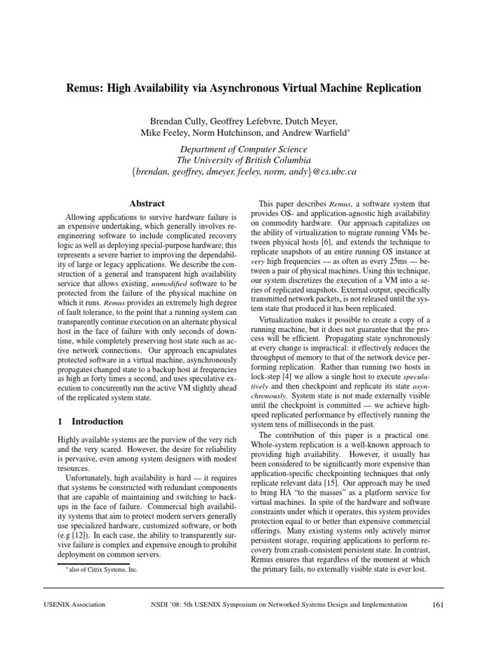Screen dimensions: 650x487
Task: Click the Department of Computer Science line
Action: click(243, 149)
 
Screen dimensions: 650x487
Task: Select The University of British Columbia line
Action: click(243, 160)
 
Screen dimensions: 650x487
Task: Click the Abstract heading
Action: click(147, 204)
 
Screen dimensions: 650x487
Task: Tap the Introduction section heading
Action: click(97, 421)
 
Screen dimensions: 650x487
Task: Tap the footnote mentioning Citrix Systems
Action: click(100, 569)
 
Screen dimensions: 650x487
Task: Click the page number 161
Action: click(437, 605)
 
